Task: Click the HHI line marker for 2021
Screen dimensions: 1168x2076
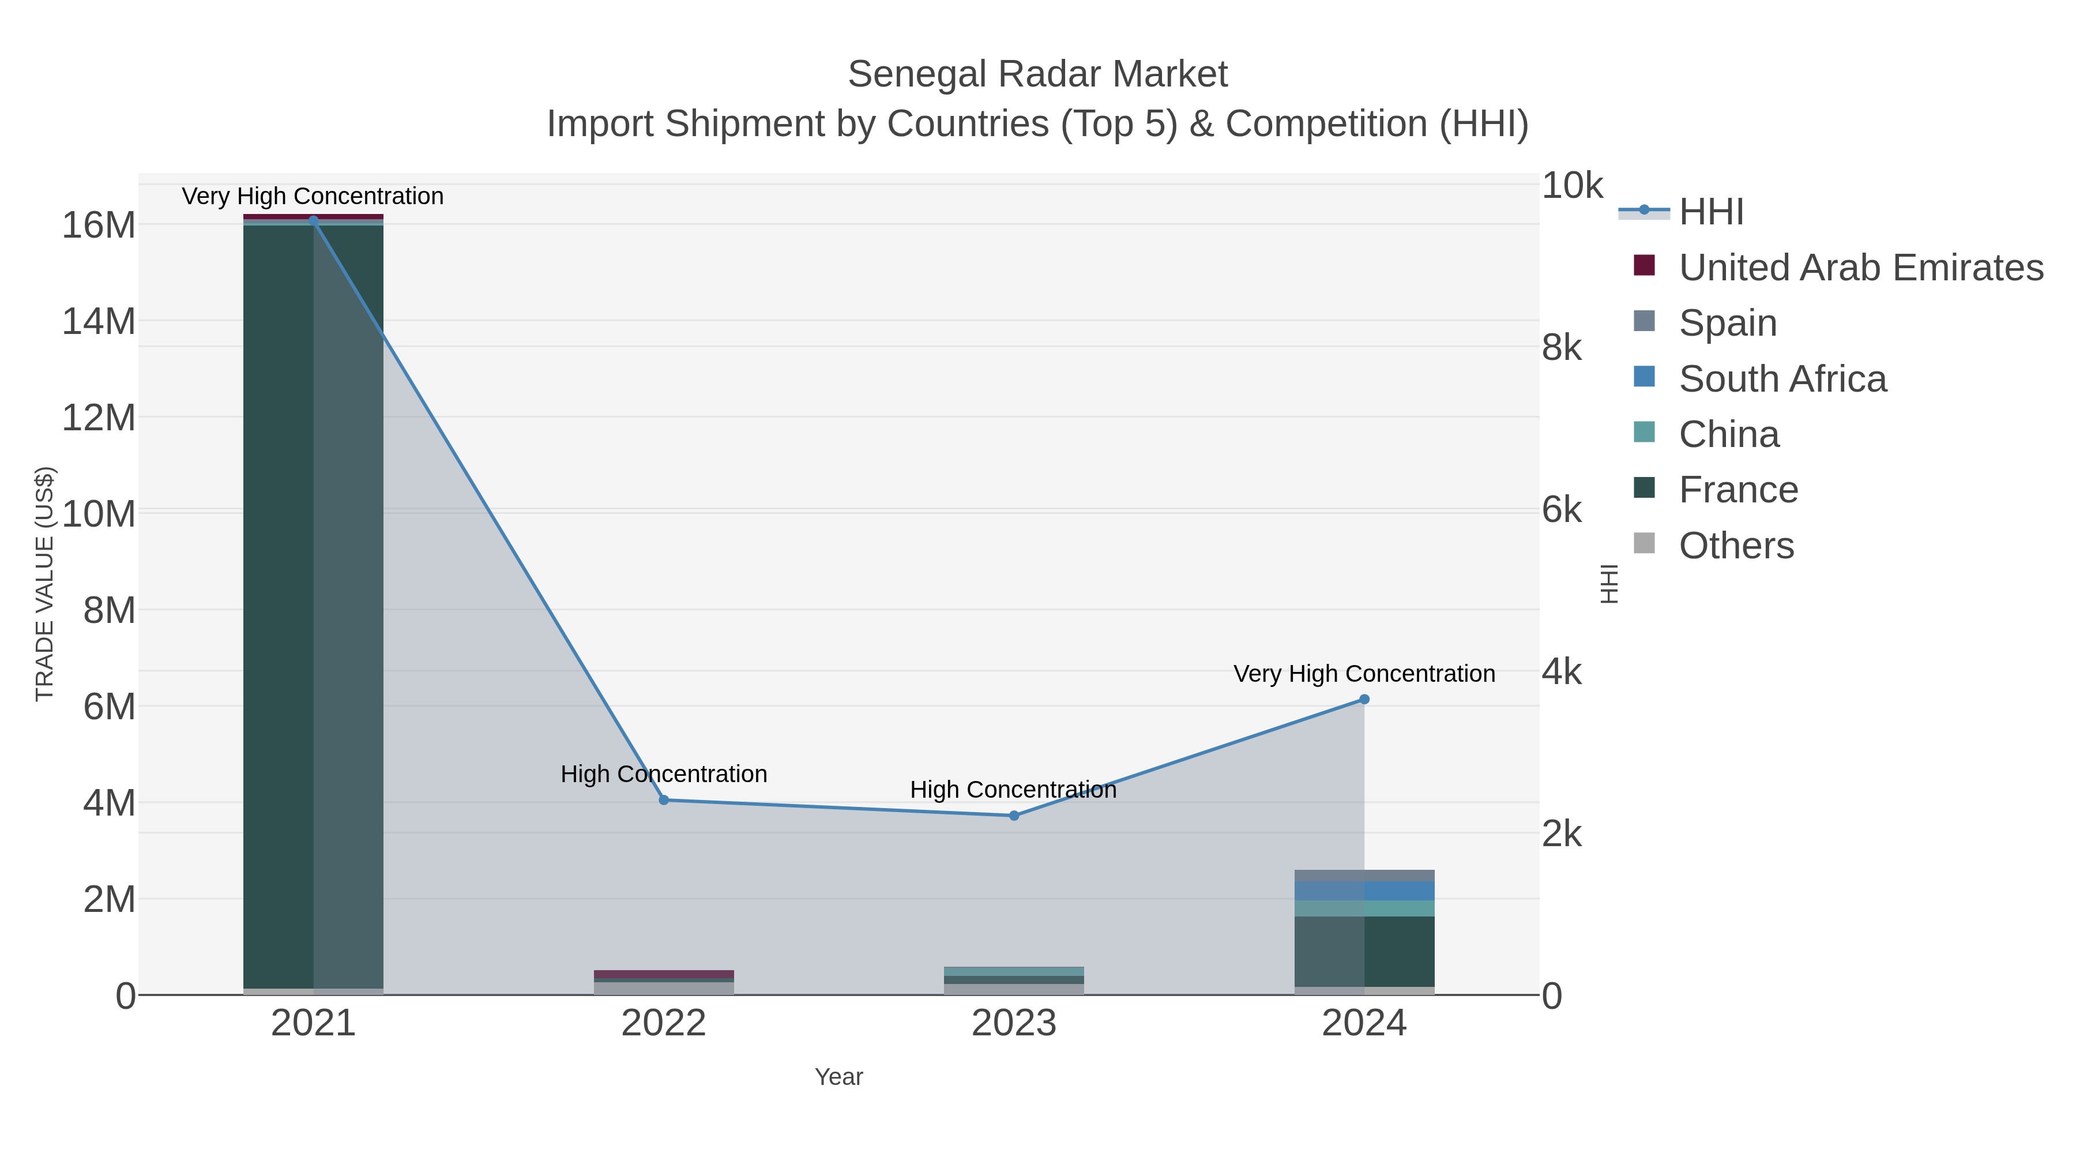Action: tap(314, 220)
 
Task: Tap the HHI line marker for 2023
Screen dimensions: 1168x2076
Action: tap(1014, 816)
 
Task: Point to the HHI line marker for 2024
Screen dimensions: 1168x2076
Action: tap(1364, 700)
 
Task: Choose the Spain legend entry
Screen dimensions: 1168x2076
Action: tap(1727, 323)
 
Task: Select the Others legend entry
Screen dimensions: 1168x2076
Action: tap(1735, 546)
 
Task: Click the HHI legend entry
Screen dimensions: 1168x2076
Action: tap(1710, 212)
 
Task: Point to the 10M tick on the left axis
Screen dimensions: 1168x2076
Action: tap(98, 513)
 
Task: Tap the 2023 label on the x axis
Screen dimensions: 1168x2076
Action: tap(1014, 1024)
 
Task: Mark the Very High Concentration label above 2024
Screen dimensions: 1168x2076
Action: tap(1364, 674)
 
